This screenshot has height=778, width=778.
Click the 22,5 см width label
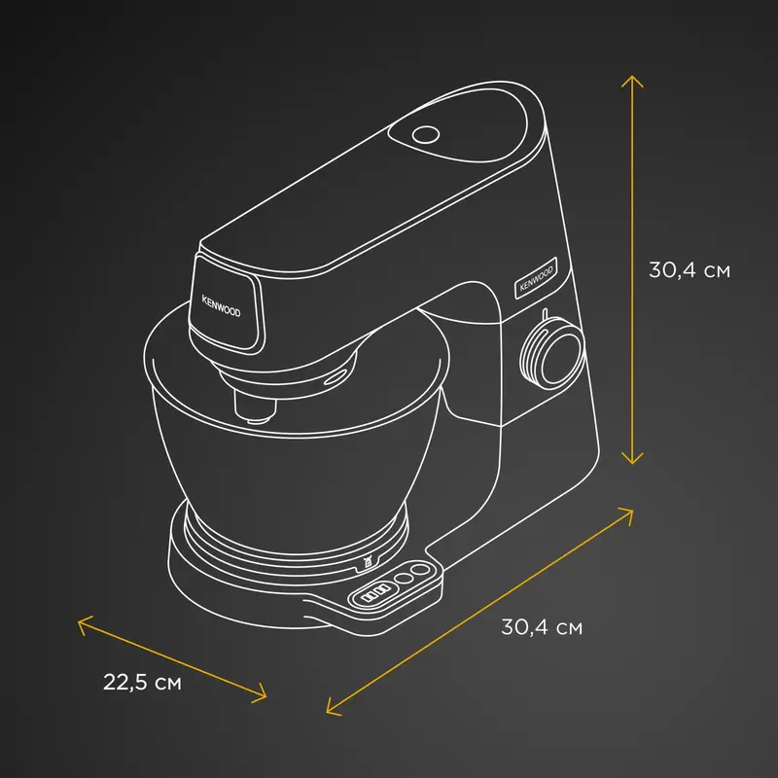coord(142,683)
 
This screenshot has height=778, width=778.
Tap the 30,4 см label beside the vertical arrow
coord(690,270)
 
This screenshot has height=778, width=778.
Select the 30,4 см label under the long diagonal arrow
coord(542,627)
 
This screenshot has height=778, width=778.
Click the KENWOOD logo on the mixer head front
coord(222,306)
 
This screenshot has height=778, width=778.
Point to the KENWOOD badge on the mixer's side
coord(536,278)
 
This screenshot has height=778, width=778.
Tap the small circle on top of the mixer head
coord(426,134)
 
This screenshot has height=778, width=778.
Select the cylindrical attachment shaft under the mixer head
coord(255,407)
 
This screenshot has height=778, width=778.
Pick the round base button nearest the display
coord(403,578)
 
